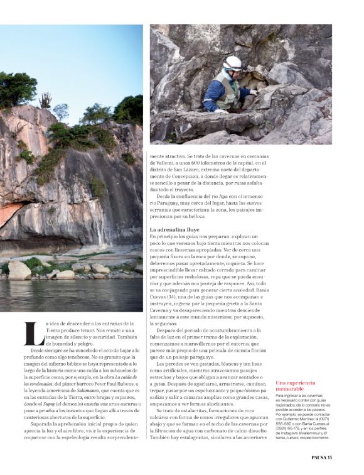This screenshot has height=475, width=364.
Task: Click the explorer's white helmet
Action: (x=233, y=62)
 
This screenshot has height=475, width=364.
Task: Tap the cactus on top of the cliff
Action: (x=45, y=99)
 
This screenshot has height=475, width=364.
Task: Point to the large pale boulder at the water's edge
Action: (x=19, y=270)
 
